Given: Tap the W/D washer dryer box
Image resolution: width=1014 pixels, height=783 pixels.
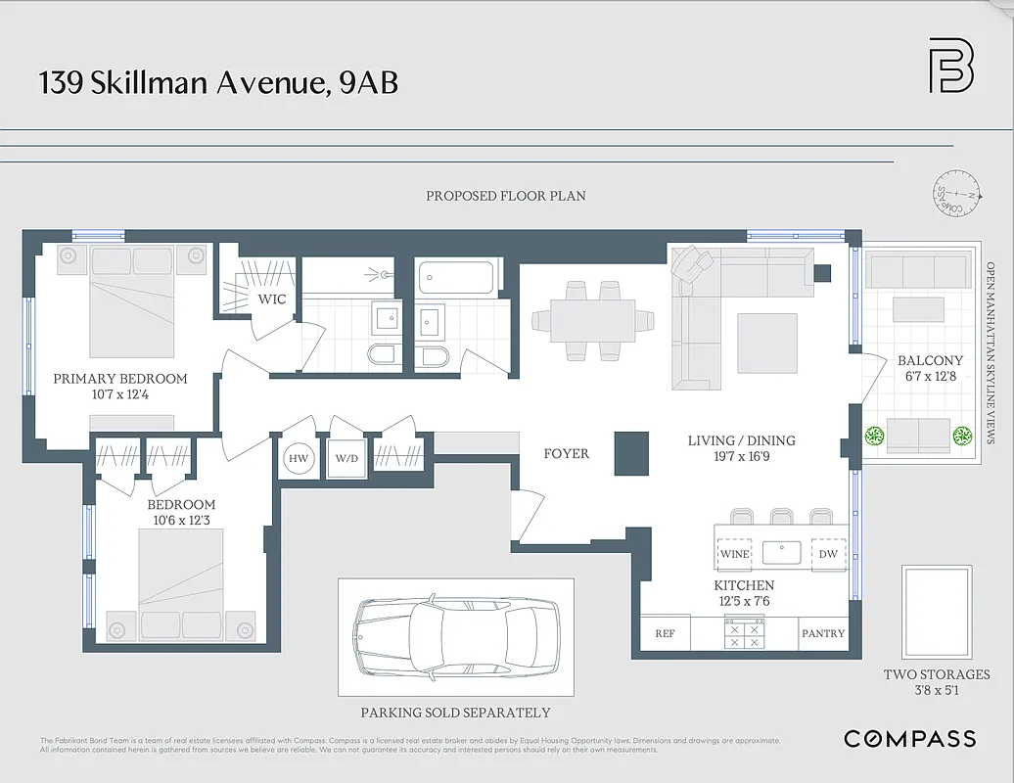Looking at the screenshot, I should tap(347, 458).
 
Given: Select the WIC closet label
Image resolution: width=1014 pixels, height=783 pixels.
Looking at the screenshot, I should tap(272, 299).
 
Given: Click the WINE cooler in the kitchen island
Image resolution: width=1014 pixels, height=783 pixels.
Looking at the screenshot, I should tap(734, 554).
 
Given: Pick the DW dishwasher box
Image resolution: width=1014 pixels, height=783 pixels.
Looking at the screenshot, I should tap(828, 554).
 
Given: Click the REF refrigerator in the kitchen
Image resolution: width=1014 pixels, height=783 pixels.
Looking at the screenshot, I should tap(665, 633).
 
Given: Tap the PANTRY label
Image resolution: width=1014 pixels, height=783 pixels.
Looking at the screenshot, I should tap(823, 633).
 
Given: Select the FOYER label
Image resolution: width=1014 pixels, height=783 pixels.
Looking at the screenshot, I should tap(567, 453).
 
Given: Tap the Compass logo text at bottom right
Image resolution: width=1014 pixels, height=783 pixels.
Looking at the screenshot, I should tap(909, 739).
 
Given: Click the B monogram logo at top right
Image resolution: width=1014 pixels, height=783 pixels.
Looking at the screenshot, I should tap(950, 66).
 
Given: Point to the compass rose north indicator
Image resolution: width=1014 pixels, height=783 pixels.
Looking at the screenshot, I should tap(955, 193).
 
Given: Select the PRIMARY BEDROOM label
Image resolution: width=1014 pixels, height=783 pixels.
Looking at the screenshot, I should tap(119, 379).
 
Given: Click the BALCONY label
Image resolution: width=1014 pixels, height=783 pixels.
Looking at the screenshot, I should tap(930, 360).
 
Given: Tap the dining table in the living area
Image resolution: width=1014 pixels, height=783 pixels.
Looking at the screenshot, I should tap(592, 320).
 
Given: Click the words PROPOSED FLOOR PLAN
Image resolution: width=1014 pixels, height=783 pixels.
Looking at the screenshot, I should tap(505, 196).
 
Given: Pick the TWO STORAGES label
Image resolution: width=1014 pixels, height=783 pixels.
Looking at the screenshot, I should tap(937, 674).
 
